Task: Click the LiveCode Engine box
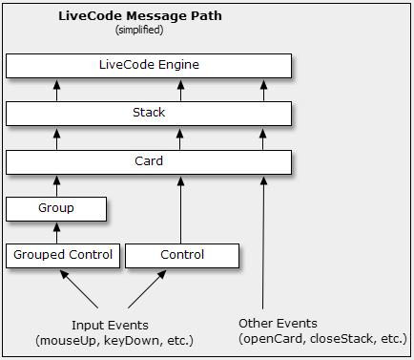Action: (149, 65)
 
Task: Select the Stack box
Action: (149, 113)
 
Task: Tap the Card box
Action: (149, 160)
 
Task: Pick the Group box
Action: (55, 207)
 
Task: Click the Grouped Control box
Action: (63, 255)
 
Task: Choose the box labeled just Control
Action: (182, 255)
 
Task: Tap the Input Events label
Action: (110, 324)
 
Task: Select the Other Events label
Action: (279, 324)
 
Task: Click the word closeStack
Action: (332, 340)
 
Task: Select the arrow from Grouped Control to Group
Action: (56, 232)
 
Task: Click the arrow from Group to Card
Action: (56, 184)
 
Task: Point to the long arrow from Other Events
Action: (263, 239)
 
